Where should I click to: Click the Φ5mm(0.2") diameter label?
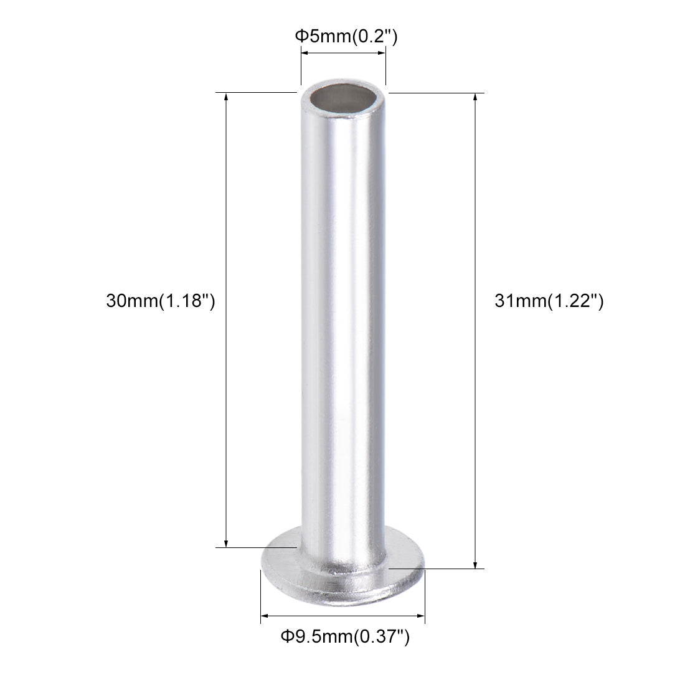(346, 36)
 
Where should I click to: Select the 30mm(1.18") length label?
(161, 301)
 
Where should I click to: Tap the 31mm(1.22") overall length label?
(549, 301)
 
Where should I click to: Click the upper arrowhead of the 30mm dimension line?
(226, 98)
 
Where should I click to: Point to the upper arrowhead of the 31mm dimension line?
(476, 98)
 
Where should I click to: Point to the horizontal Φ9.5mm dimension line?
(342, 616)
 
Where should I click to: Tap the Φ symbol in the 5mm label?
(300, 36)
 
